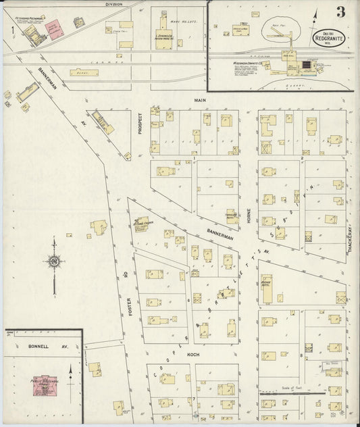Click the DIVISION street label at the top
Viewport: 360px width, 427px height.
point(114,4)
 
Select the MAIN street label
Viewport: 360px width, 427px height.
point(200,100)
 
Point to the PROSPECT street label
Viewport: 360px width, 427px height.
point(140,124)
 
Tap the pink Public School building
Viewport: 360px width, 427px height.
point(46,383)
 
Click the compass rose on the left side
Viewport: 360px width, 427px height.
point(53,261)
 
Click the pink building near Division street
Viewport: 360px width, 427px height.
point(54,25)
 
